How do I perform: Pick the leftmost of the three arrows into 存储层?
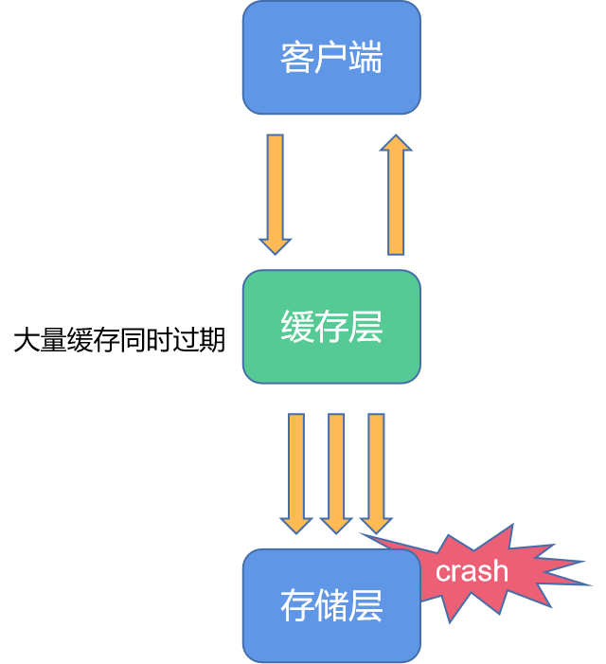[296, 469]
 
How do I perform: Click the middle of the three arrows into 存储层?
[336, 469]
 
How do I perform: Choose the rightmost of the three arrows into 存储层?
[376, 469]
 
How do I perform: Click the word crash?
[472, 572]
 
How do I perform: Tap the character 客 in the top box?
[296, 59]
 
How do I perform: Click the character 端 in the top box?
[365, 59]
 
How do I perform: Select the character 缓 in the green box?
[296, 328]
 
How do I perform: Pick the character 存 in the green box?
[331, 328]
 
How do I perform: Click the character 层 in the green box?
[365, 328]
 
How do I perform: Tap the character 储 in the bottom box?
[331, 606]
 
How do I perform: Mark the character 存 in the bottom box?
[296, 606]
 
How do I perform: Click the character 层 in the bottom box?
[365, 606]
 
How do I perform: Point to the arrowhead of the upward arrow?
[396, 144]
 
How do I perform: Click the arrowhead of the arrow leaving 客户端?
[275, 244]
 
